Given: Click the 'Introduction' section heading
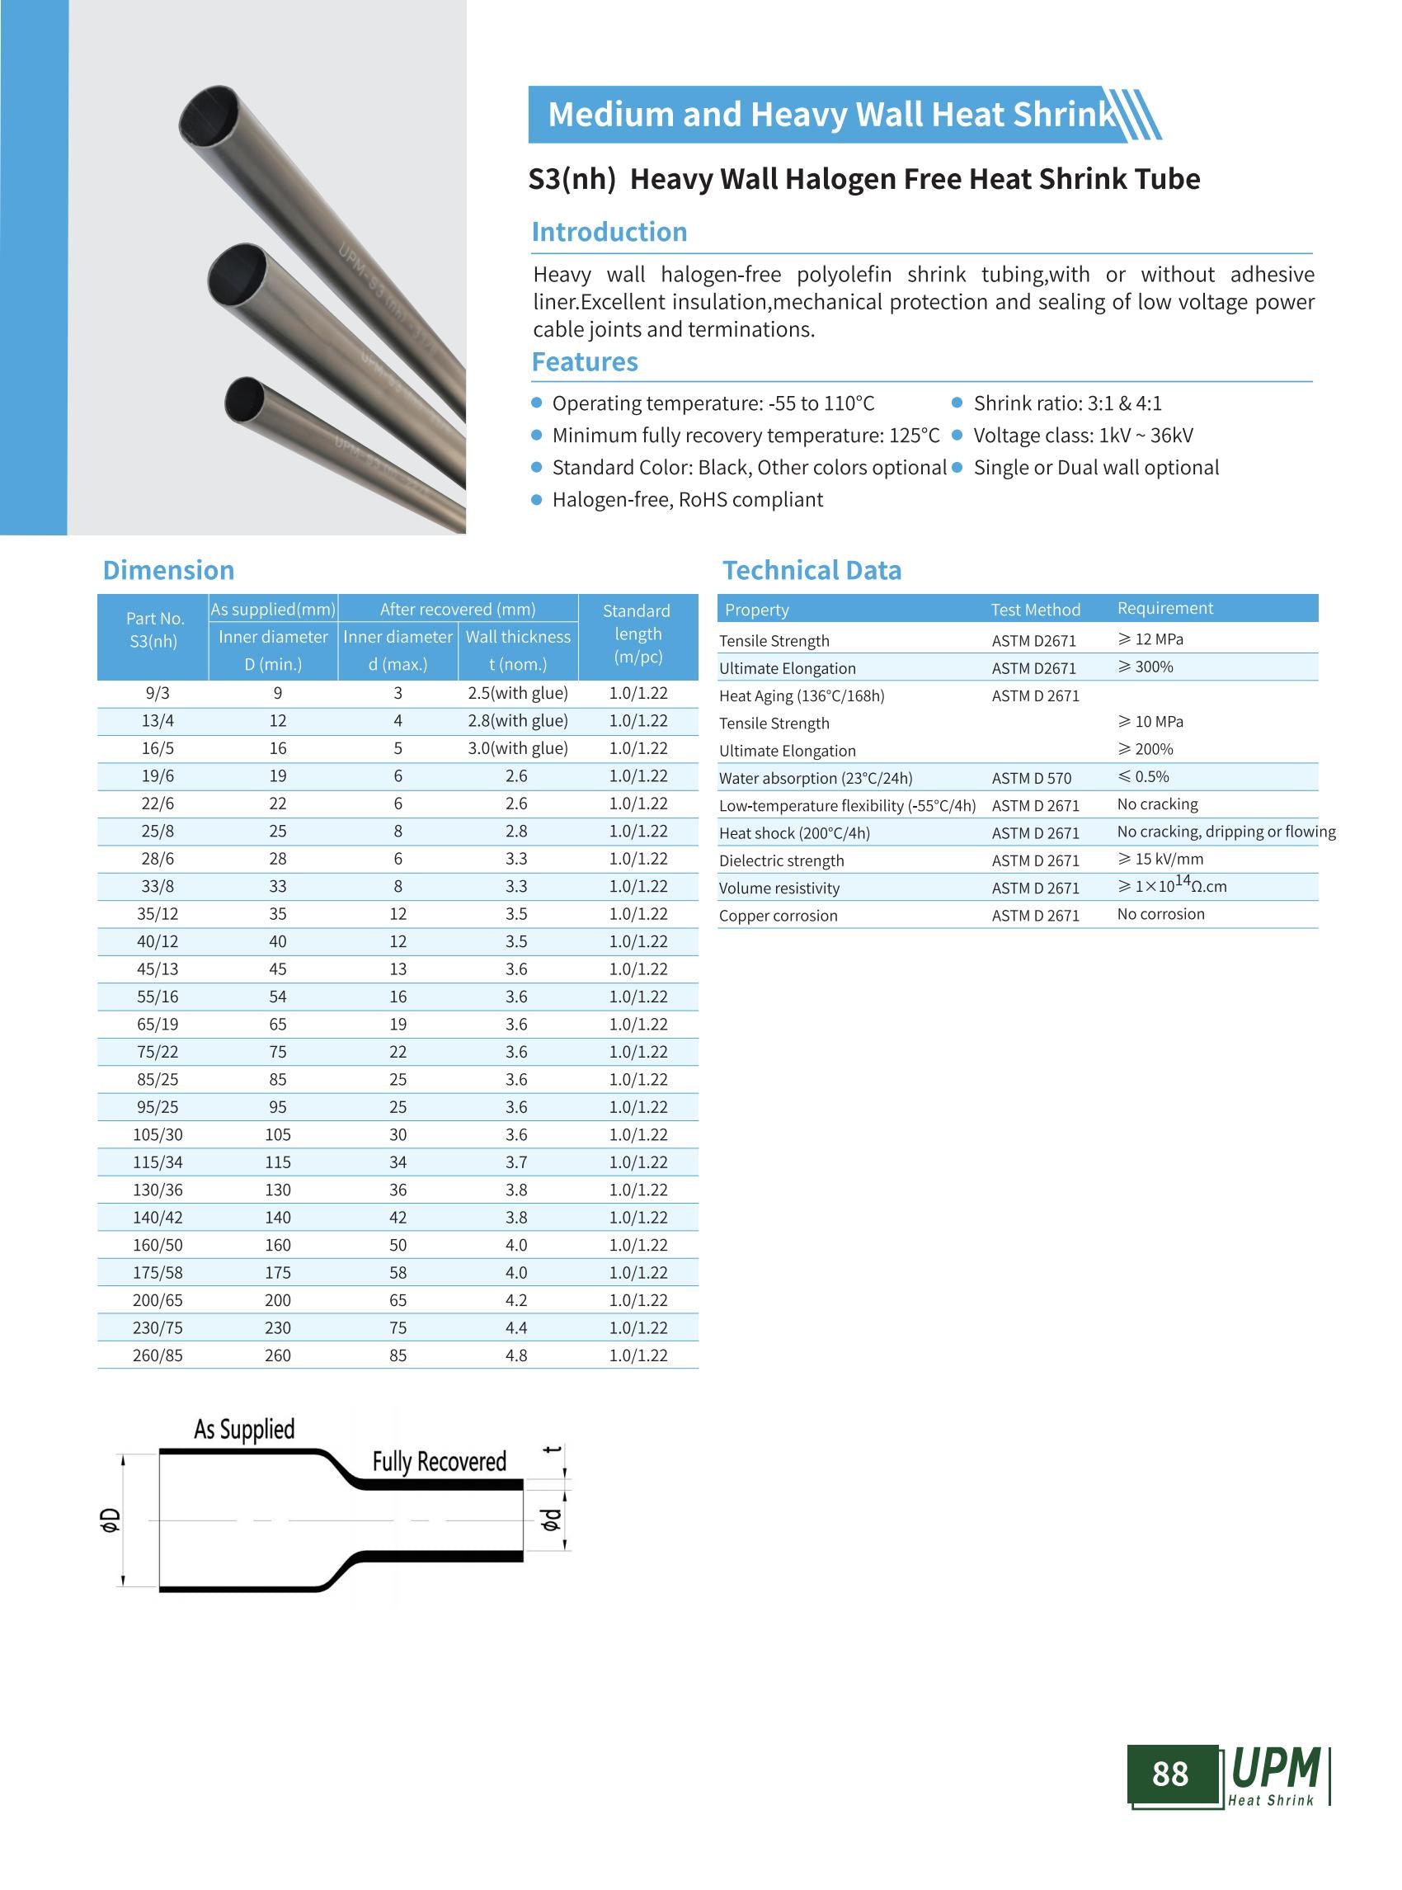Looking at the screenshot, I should (x=609, y=232).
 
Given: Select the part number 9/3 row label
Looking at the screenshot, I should (x=157, y=693).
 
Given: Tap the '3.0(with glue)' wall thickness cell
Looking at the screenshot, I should (x=518, y=748).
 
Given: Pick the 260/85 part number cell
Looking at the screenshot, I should (x=157, y=1355).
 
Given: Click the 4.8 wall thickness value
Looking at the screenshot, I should (x=516, y=1355).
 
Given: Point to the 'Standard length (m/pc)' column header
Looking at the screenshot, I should (x=637, y=634).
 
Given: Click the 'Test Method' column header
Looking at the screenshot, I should (x=1034, y=610).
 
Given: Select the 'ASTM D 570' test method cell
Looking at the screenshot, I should (x=1031, y=778).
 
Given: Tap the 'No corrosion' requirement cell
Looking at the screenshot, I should (x=1160, y=913).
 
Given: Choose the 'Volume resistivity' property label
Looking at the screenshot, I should (x=779, y=888).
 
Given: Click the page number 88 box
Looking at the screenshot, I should (x=1171, y=1773).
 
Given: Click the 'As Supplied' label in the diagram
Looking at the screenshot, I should (x=244, y=1429).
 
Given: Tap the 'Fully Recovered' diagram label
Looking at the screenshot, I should (x=439, y=1461).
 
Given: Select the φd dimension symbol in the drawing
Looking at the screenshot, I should (x=551, y=1519).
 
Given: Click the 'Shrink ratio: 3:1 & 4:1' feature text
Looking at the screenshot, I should (x=1067, y=403).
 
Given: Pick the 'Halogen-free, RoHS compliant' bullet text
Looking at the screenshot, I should (x=687, y=499).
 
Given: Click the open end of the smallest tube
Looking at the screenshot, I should (x=244, y=399).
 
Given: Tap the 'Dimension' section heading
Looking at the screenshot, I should (x=168, y=571).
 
